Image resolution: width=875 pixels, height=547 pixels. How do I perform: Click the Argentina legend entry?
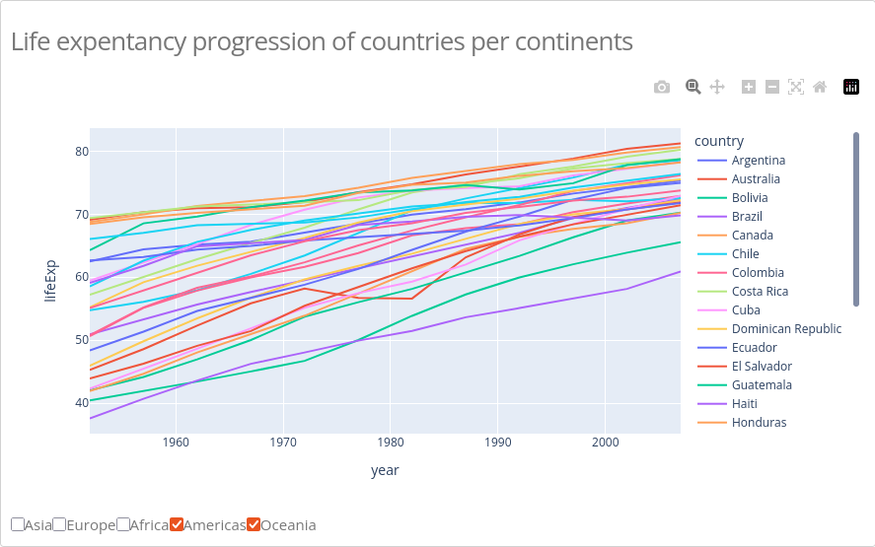[758, 161]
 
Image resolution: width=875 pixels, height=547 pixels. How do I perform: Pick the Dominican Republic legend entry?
[786, 329]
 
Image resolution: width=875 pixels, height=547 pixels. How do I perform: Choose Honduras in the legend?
[759, 423]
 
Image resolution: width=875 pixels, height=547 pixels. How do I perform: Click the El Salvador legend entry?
[762, 367]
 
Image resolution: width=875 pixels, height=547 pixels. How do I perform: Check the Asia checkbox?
[19, 524]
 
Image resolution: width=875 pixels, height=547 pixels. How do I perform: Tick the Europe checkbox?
[60, 524]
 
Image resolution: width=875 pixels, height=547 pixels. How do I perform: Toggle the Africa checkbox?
[123, 524]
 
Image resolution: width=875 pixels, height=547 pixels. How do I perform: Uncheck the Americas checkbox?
[177, 524]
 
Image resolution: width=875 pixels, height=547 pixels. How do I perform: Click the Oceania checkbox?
[254, 524]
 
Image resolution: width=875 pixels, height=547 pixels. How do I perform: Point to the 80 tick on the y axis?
[81, 152]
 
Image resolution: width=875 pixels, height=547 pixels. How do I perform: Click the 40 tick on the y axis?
[81, 402]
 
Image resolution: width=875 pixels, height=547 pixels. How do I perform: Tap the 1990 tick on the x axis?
[498, 443]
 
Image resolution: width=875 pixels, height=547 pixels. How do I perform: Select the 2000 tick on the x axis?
[606, 443]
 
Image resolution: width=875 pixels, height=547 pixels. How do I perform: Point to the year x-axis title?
[385, 470]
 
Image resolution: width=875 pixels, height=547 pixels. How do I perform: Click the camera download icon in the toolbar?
[662, 87]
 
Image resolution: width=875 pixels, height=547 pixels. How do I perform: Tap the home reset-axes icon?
[820, 87]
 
